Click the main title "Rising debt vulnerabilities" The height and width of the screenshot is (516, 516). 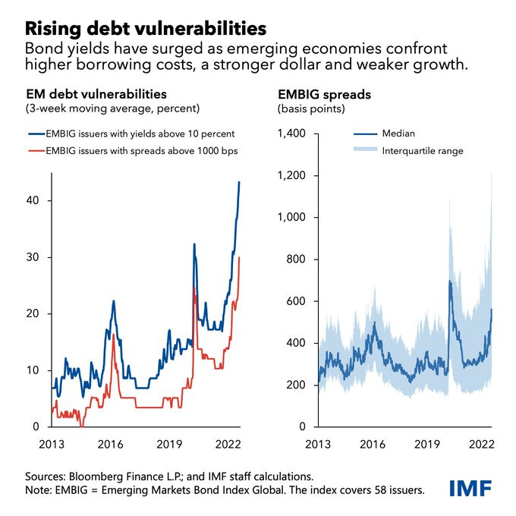[146, 28]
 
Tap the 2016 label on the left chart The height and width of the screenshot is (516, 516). [113, 443]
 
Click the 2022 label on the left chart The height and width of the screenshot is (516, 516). [228, 443]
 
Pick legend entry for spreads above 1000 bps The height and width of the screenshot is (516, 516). [142, 150]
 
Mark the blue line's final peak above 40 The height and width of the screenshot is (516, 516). [240, 182]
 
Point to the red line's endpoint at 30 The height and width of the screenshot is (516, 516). [240, 258]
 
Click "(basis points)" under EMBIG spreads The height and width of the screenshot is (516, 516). [312, 109]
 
